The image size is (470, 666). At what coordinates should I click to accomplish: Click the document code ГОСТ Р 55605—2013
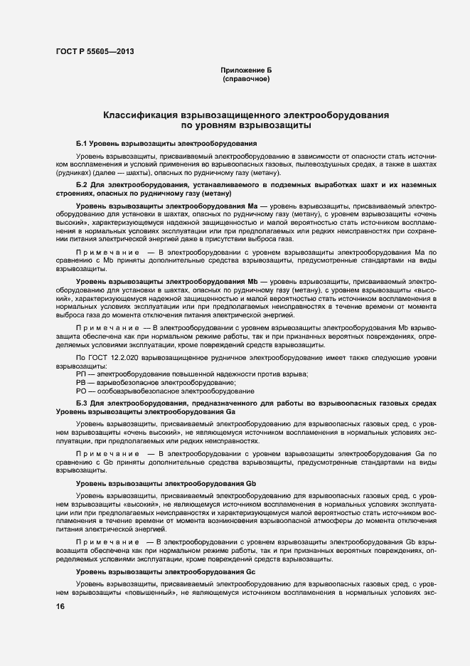[94, 51]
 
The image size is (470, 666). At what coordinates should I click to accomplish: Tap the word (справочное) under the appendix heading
[246, 80]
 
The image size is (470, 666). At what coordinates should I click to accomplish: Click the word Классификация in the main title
[143, 115]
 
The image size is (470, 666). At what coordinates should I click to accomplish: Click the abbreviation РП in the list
[80, 375]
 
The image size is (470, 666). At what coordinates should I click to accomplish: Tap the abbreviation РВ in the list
[80, 383]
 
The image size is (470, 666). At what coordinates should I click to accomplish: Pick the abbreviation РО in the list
[80, 391]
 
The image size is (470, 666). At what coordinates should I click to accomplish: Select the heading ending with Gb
[166, 484]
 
